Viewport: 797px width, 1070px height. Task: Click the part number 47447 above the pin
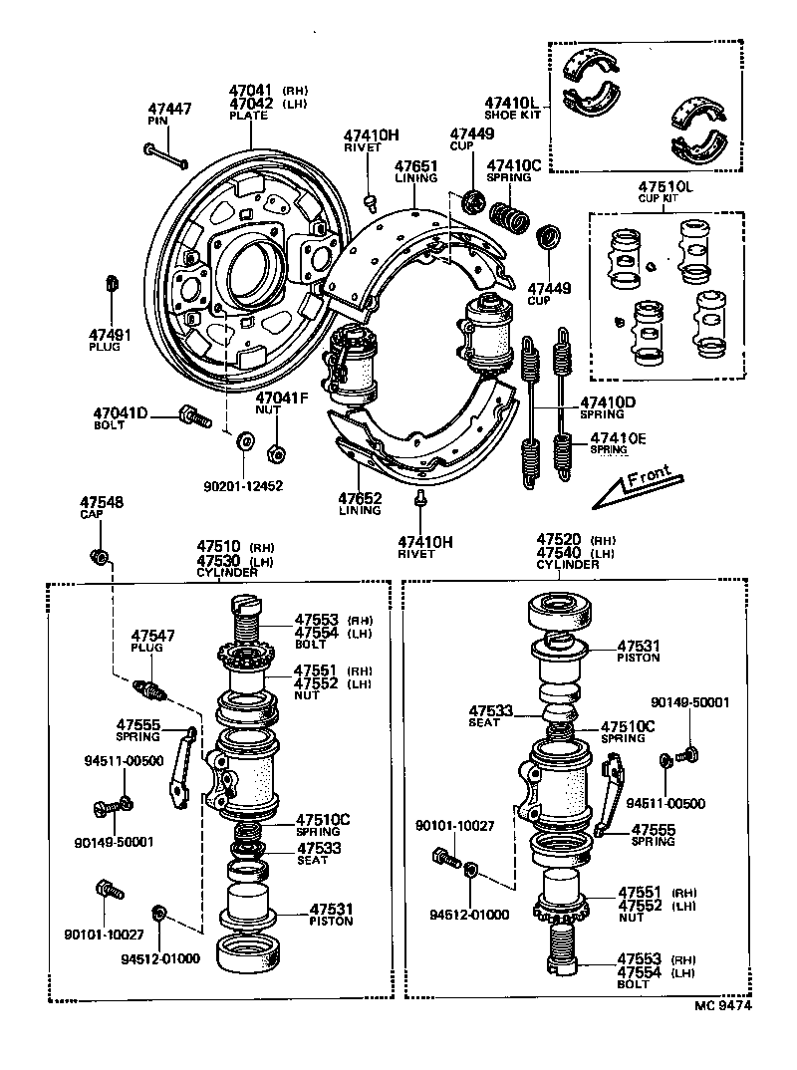click(169, 109)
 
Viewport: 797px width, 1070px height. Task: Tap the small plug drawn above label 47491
click(112, 283)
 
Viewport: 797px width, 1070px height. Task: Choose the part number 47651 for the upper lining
click(415, 166)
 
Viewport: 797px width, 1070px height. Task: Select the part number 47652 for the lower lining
click(359, 498)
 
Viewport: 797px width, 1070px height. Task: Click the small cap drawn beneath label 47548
click(99, 554)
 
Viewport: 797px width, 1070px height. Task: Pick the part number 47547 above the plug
click(153, 635)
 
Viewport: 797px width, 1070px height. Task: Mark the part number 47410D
click(608, 402)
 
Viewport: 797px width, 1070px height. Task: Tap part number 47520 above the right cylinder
click(559, 539)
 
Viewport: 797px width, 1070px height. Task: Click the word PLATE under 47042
click(248, 116)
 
